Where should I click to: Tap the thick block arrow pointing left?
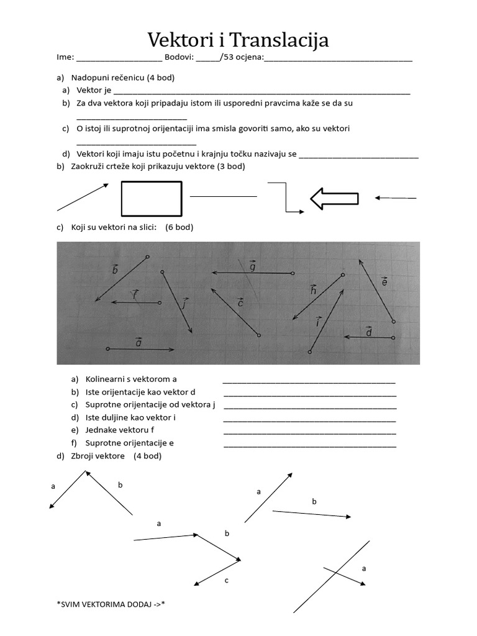(x=335, y=199)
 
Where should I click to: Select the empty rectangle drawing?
(x=152, y=198)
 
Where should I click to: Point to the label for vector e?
(x=384, y=282)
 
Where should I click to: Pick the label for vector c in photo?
(x=240, y=302)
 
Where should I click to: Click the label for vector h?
(x=314, y=289)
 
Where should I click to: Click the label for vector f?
(x=135, y=294)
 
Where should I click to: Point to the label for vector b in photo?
(x=115, y=269)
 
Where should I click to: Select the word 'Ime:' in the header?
(x=65, y=58)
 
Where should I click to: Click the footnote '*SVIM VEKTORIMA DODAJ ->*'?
(x=111, y=604)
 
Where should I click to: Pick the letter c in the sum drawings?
(x=227, y=580)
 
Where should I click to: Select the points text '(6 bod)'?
(x=179, y=227)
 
